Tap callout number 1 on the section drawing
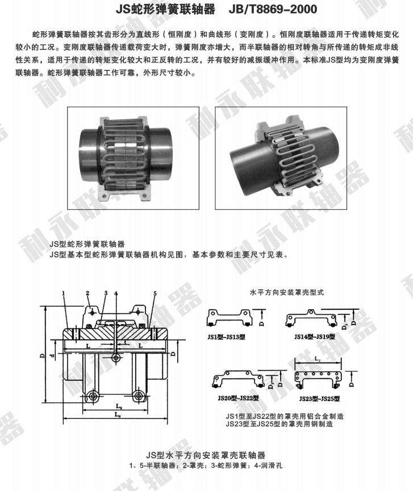coord(65,293)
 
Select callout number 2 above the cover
coord(88,293)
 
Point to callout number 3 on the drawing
coord(105,293)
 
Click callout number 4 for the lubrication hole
coord(115,293)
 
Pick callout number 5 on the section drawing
coord(154,293)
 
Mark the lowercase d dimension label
coord(52,356)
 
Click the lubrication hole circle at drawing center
coord(116,357)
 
